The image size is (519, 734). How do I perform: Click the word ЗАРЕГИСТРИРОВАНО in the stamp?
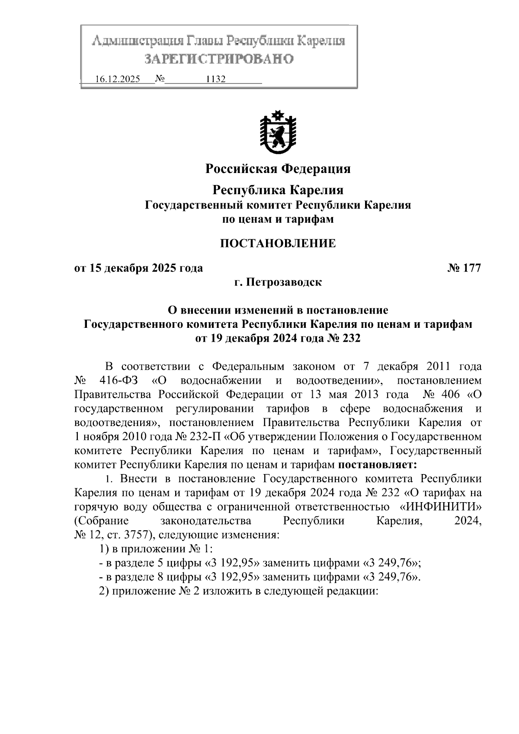click(218, 59)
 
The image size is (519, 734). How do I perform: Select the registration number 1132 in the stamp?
click(216, 80)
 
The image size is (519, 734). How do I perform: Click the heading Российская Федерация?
click(278, 169)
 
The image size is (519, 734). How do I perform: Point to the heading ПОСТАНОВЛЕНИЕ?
click(278, 244)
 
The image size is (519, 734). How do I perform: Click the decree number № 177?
click(464, 268)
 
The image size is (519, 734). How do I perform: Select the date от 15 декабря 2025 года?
click(138, 268)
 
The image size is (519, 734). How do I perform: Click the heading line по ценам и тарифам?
click(278, 219)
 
